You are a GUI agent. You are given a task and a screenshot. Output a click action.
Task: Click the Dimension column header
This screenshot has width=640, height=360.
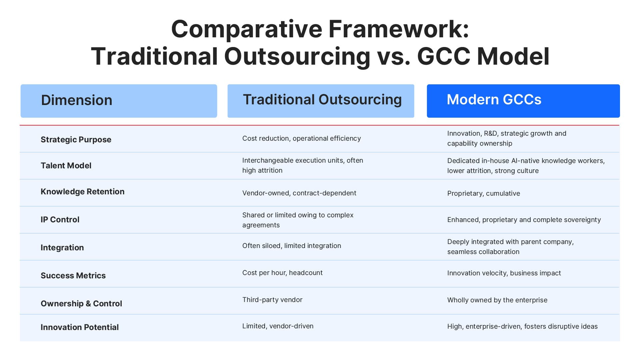click(77, 100)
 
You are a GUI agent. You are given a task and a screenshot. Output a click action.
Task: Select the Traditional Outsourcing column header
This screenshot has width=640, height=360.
click(322, 100)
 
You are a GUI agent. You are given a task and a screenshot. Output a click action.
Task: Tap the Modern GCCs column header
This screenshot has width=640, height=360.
click(494, 100)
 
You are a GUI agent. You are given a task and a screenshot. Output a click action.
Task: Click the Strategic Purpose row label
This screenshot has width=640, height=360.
click(76, 140)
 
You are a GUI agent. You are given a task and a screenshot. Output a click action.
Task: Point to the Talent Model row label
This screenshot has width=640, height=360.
click(66, 166)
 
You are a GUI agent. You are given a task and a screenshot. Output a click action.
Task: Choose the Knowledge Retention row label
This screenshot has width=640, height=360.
click(82, 192)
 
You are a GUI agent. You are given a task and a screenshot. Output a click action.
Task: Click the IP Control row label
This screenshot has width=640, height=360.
click(60, 220)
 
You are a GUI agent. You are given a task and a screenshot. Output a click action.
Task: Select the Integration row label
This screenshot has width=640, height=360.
click(62, 248)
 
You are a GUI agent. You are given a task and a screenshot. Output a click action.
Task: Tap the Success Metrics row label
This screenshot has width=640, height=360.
click(73, 276)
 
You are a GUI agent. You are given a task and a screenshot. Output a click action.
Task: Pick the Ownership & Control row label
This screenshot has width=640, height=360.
click(81, 304)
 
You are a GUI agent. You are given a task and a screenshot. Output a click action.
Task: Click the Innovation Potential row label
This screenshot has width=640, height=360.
click(80, 327)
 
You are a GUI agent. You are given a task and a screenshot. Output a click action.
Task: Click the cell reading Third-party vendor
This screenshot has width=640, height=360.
click(272, 300)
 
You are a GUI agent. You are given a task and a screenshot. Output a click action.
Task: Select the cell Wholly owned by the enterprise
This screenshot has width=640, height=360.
click(497, 300)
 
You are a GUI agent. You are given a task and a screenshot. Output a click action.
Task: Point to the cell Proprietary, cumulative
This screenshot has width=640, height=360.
click(483, 193)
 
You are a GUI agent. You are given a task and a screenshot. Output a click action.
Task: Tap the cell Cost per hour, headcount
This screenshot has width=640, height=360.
click(282, 273)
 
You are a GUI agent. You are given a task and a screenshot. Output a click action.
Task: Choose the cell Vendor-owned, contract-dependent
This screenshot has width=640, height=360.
click(299, 193)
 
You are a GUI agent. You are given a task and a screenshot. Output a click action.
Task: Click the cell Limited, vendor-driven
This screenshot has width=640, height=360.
click(278, 326)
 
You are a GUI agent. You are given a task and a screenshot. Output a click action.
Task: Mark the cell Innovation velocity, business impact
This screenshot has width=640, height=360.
click(504, 273)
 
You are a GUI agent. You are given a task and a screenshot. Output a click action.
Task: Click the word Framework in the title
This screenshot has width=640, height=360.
click(399, 29)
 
